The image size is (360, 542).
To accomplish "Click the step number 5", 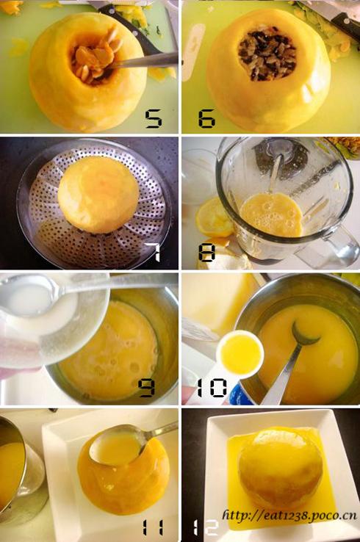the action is click(x=154, y=118).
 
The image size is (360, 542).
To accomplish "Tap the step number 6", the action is click(x=206, y=118).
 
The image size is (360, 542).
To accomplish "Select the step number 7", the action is click(x=153, y=252).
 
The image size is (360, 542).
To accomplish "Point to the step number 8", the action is click(x=206, y=253).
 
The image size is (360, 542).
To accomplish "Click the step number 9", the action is click(x=146, y=388).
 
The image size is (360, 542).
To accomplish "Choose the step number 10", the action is click(x=212, y=388).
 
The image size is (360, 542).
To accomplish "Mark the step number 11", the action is click(x=154, y=528).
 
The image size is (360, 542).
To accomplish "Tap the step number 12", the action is click(x=206, y=528).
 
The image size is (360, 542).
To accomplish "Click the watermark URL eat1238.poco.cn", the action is click(x=289, y=516).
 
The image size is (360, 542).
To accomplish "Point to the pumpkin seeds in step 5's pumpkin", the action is click(x=94, y=59).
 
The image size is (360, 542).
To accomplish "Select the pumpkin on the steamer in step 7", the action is click(x=98, y=194).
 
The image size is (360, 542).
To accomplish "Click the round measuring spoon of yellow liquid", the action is click(x=241, y=354).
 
